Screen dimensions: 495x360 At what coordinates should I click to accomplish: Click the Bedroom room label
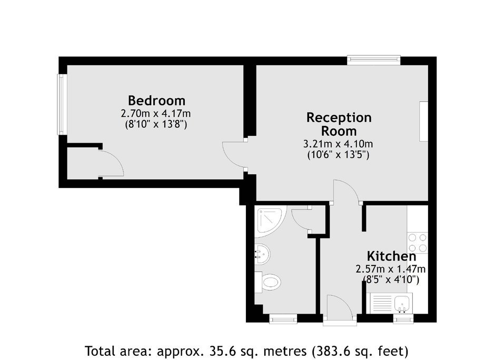[156, 101]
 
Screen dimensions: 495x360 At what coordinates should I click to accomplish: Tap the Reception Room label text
[339, 124]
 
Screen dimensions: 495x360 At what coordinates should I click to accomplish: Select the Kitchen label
[391, 256]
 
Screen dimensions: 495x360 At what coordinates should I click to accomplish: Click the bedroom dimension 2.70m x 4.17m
[156, 113]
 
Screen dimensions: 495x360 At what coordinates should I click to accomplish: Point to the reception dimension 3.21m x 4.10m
[338, 144]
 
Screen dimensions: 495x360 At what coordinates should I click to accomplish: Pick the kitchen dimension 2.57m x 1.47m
[391, 269]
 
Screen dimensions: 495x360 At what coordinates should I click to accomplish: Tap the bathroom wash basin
[262, 254]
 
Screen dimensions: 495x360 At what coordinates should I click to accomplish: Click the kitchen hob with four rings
[418, 242]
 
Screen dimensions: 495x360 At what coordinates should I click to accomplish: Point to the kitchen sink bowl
[402, 303]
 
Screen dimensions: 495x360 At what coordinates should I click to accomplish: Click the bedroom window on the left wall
[62, 104]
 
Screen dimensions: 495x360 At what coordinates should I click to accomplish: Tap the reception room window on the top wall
[374, 60]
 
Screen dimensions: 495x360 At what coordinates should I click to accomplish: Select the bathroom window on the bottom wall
[283, 318]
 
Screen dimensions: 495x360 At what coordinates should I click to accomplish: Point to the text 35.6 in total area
[218, 351]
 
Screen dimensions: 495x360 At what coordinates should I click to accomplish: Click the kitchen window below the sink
[403, 319]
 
